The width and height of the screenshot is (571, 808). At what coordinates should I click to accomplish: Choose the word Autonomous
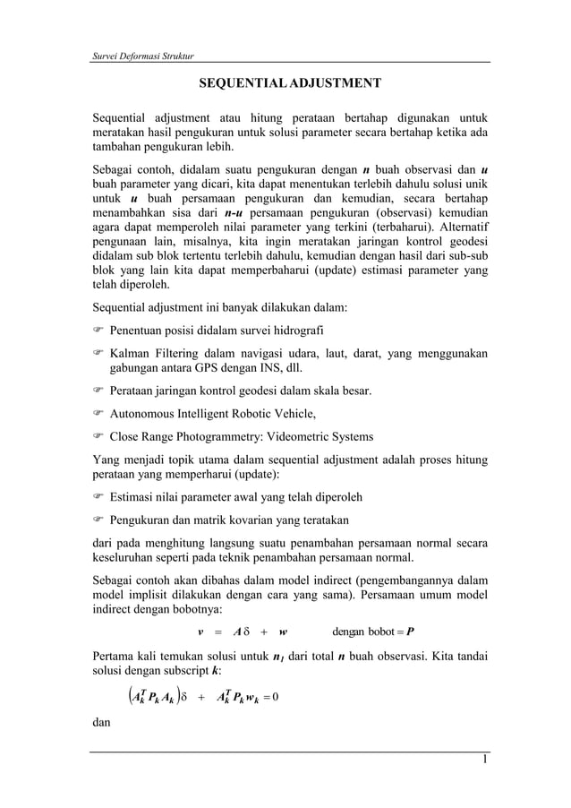[x=145, y=414]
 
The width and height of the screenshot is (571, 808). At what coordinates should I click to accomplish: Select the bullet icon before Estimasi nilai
[x=99, y=497]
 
